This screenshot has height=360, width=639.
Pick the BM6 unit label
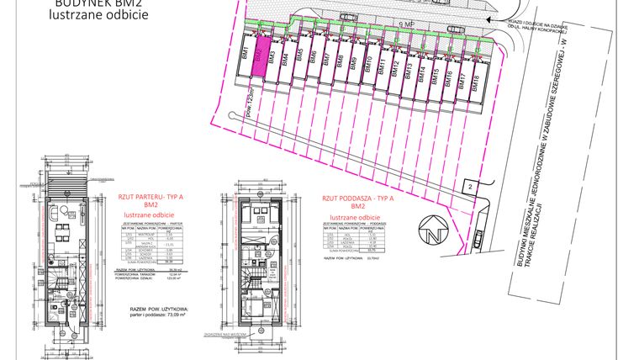coord(314,58)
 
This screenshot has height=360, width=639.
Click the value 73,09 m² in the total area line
coord(177,316)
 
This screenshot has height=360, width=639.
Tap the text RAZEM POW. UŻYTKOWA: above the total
coord(160,310)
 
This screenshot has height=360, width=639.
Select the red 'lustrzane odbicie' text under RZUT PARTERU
coord(151,214)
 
